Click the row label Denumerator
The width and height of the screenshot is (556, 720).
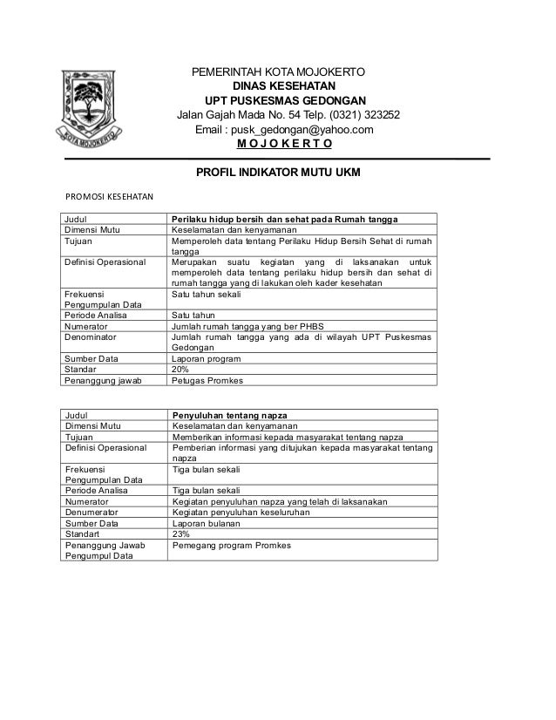(98, 512)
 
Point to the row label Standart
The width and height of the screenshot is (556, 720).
(85, 534)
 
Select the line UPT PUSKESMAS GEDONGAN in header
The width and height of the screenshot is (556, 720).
(285, 100)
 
